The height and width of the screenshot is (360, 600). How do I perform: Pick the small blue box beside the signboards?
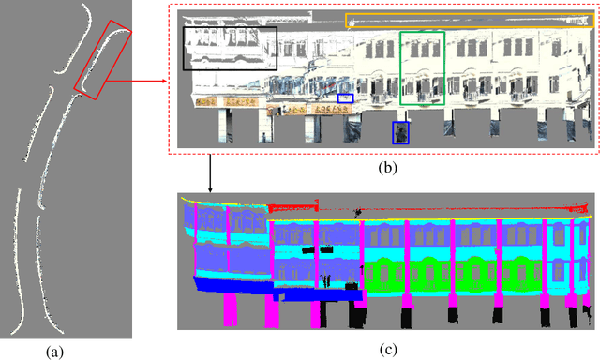point(346,97)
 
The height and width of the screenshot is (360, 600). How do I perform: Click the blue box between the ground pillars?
point(401,133)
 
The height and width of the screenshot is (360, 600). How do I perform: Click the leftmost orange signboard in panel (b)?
point(205,101)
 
